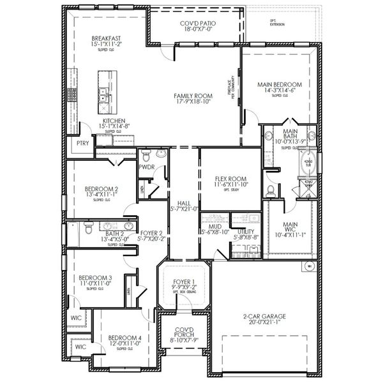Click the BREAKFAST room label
click(x=106, y=38)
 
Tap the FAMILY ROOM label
click(x=193, y=96)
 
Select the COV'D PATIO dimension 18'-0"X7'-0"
click(x=197, y=29)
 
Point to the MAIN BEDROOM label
click(x=279, y=84)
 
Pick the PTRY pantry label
click(x=82, y=144)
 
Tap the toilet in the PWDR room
click(x=146, y=155)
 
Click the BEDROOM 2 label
click(x=102, y=189)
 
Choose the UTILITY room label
click(x=246, y=232)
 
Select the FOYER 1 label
click(x=184, y=281)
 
